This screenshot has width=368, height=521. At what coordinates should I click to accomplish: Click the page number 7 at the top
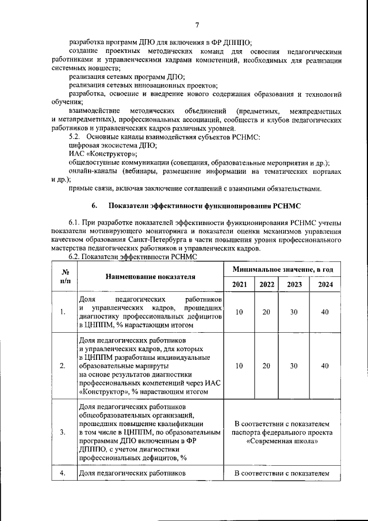pos(197,24)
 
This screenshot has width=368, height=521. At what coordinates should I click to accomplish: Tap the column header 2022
pos(266,284)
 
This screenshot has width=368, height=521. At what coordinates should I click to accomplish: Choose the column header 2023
pos(294,284)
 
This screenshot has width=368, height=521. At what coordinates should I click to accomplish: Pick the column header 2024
pos(325,284)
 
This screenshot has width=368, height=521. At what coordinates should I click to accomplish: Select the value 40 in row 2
pos(325,366)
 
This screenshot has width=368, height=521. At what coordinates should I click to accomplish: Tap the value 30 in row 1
pos(294,312)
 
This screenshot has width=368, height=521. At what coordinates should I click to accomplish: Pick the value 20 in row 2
pos(266,366)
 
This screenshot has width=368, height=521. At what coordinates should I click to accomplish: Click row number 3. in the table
pos(63,431)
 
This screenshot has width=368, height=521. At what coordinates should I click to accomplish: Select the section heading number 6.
pos(95,206)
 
